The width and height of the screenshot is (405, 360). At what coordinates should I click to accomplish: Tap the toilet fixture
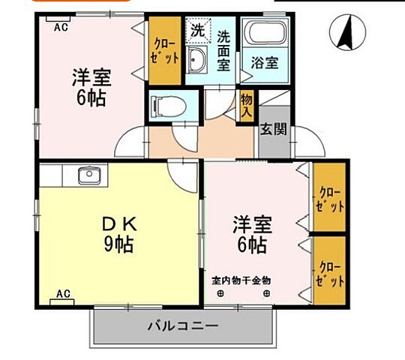point(164,105)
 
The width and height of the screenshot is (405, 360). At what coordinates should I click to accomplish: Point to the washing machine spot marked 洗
point(197,31)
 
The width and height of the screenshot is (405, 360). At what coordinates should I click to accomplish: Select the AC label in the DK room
point(63,293)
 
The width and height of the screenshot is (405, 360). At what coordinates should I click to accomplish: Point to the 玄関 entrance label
point(272,129)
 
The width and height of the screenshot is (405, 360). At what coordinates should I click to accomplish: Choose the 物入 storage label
point(246,104)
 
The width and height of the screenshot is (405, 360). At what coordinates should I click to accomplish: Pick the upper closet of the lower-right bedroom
point(329,196)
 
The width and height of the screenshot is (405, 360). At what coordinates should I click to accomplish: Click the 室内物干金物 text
point(240,280)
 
